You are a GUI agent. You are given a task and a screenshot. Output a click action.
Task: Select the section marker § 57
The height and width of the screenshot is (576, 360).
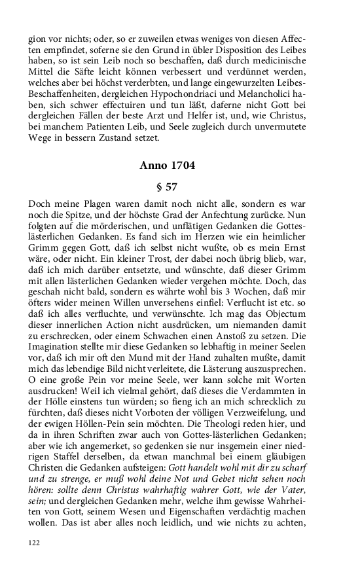point(168,187)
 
